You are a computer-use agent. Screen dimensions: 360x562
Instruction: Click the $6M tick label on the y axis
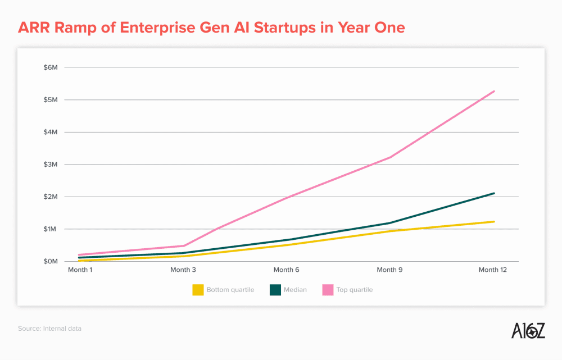tap(51, 67)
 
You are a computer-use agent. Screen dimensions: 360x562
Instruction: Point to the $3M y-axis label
tap(51, 165)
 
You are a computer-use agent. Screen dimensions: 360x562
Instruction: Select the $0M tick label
tap(51, 261)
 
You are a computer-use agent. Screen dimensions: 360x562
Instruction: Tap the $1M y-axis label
tap(51, 229)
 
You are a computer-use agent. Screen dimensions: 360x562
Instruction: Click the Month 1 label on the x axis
tap(80, 270)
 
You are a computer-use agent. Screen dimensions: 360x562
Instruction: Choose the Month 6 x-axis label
tap(287, 270)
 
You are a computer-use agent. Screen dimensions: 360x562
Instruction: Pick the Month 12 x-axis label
tap(493, 270)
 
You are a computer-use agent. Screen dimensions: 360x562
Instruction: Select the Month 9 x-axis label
tap(389, 270)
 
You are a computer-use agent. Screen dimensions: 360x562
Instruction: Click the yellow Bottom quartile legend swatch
tap(198, 290)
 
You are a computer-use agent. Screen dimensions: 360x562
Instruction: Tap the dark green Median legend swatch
tap(275, 290)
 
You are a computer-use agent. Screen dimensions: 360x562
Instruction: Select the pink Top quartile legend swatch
tap(328, 290)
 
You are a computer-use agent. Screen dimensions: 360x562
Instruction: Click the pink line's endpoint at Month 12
tap(494, 91)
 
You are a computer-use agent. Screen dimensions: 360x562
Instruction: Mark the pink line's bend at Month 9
tap(390, 157)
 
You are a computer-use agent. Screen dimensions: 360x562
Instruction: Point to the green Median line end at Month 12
tap(494, 193)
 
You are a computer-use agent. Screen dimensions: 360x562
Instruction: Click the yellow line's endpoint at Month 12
tap(494, 221)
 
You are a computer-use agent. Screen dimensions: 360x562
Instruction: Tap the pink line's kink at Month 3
tap(184, 245)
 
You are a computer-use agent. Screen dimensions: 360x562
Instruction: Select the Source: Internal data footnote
tap(49, 328)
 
